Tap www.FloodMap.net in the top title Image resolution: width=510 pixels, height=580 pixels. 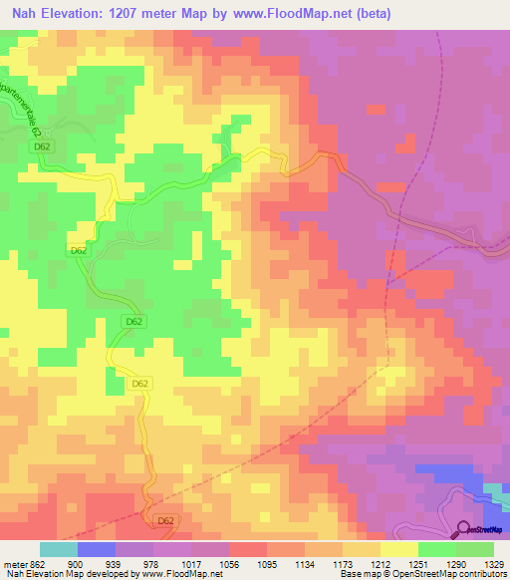click(293, 14)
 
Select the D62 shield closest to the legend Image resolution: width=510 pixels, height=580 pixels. click(165, 519)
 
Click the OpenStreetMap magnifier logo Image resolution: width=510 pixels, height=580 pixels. click(464, 529)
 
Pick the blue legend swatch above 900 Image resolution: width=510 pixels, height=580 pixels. click(97, 549)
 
